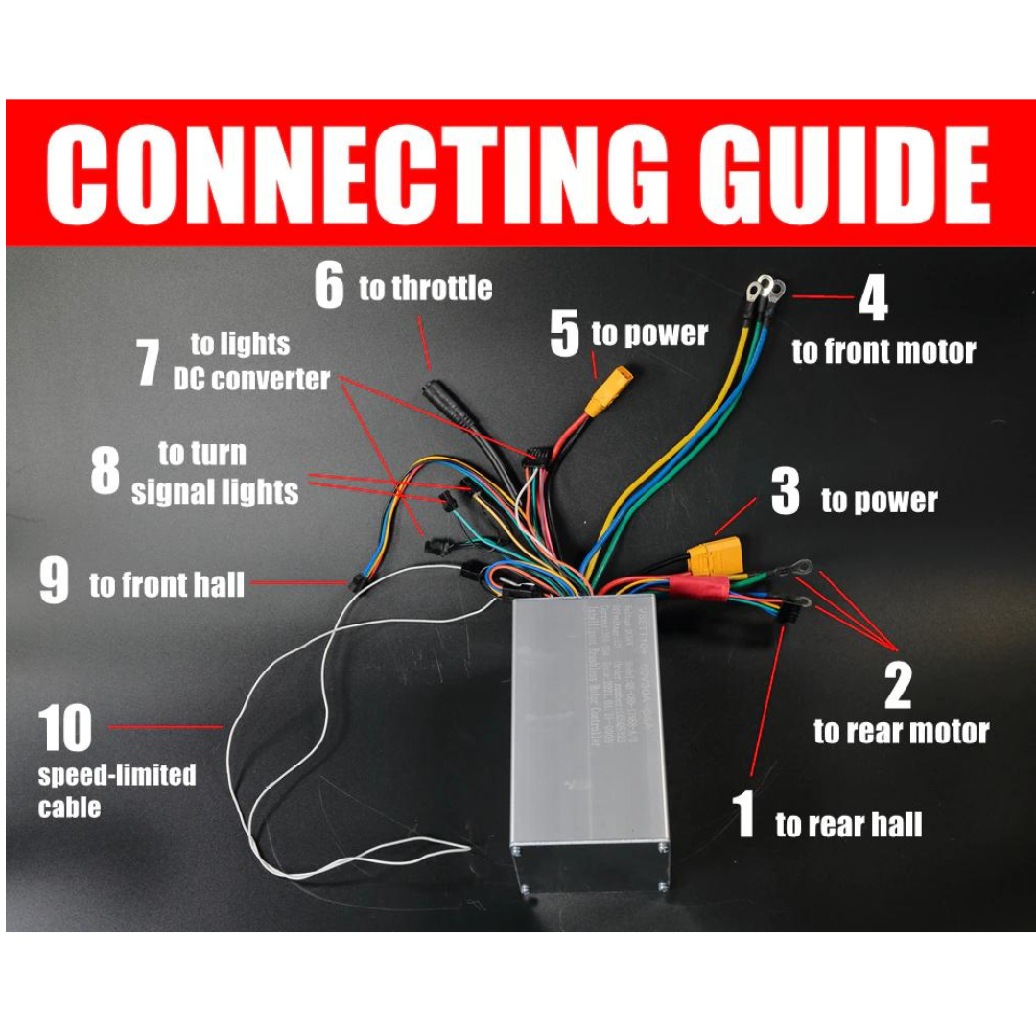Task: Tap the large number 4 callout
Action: (x=872, y=299)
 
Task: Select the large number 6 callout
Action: (x=329, y=287)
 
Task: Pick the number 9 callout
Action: (x=54, y=582)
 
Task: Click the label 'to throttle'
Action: (x=425, y=288)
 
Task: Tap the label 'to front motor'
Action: (x=883, y=352)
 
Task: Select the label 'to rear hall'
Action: (x=848, y=824)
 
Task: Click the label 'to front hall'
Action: (x=167, y=585)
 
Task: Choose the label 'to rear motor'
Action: (x=901, y=732)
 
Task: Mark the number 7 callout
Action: (x=147, y=365)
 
